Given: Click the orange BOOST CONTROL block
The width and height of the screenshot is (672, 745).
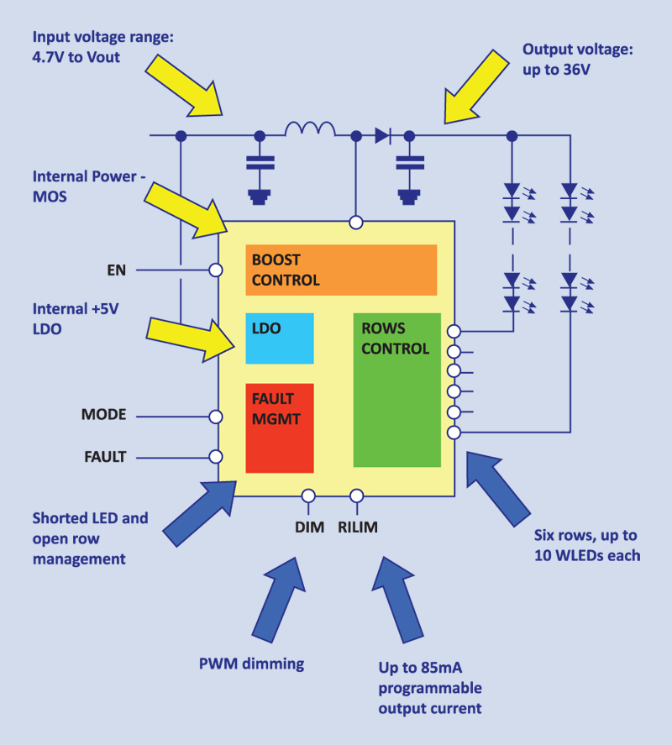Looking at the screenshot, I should pos(341,270).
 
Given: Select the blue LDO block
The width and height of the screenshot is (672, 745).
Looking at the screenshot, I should pos(279,338).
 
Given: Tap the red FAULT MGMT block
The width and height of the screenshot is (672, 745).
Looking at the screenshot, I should pos(279,428).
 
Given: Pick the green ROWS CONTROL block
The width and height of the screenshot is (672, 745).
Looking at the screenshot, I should pos(396,390).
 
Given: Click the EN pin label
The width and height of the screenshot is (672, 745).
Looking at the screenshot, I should pos(116,270).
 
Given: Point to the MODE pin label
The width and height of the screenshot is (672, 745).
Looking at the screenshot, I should pos(103,415).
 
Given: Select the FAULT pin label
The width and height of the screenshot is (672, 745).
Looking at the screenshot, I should pos(105,458).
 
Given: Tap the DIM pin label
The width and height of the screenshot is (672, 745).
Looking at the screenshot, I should pos(309,527).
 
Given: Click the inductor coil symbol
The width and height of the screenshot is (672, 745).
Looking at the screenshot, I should pos(310,130).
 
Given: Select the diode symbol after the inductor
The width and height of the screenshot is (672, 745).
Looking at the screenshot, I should pos(383,134).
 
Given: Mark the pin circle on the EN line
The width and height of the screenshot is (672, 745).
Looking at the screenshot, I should pos(216,270).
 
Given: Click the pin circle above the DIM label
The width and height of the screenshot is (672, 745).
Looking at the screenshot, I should pos(308,496).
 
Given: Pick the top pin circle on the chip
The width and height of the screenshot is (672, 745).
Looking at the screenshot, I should pos(356,223).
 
